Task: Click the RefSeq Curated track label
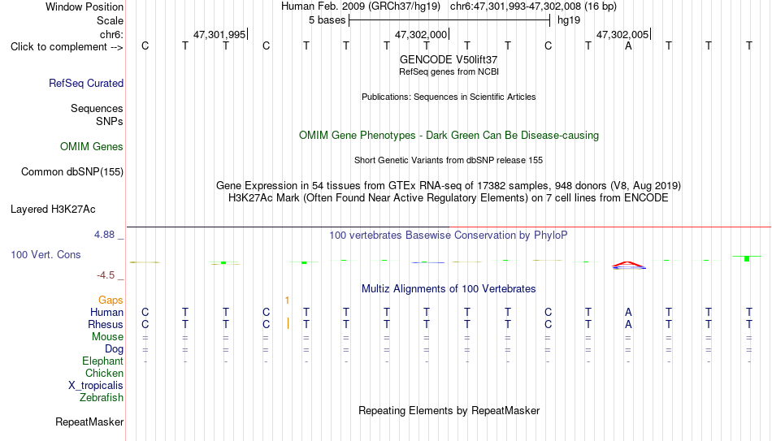86,83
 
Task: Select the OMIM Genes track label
92,147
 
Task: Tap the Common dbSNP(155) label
72,172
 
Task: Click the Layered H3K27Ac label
53,210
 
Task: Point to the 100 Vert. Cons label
46,254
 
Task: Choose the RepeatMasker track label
89,422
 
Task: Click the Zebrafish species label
102,397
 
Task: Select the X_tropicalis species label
96,386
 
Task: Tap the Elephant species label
103,361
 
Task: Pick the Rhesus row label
106,324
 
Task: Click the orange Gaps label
111,300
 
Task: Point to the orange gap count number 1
287,300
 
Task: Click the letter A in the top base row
628,46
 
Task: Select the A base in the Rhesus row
628,324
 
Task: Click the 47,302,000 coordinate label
421,34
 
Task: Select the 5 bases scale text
327,20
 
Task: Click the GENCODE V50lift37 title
449,59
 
